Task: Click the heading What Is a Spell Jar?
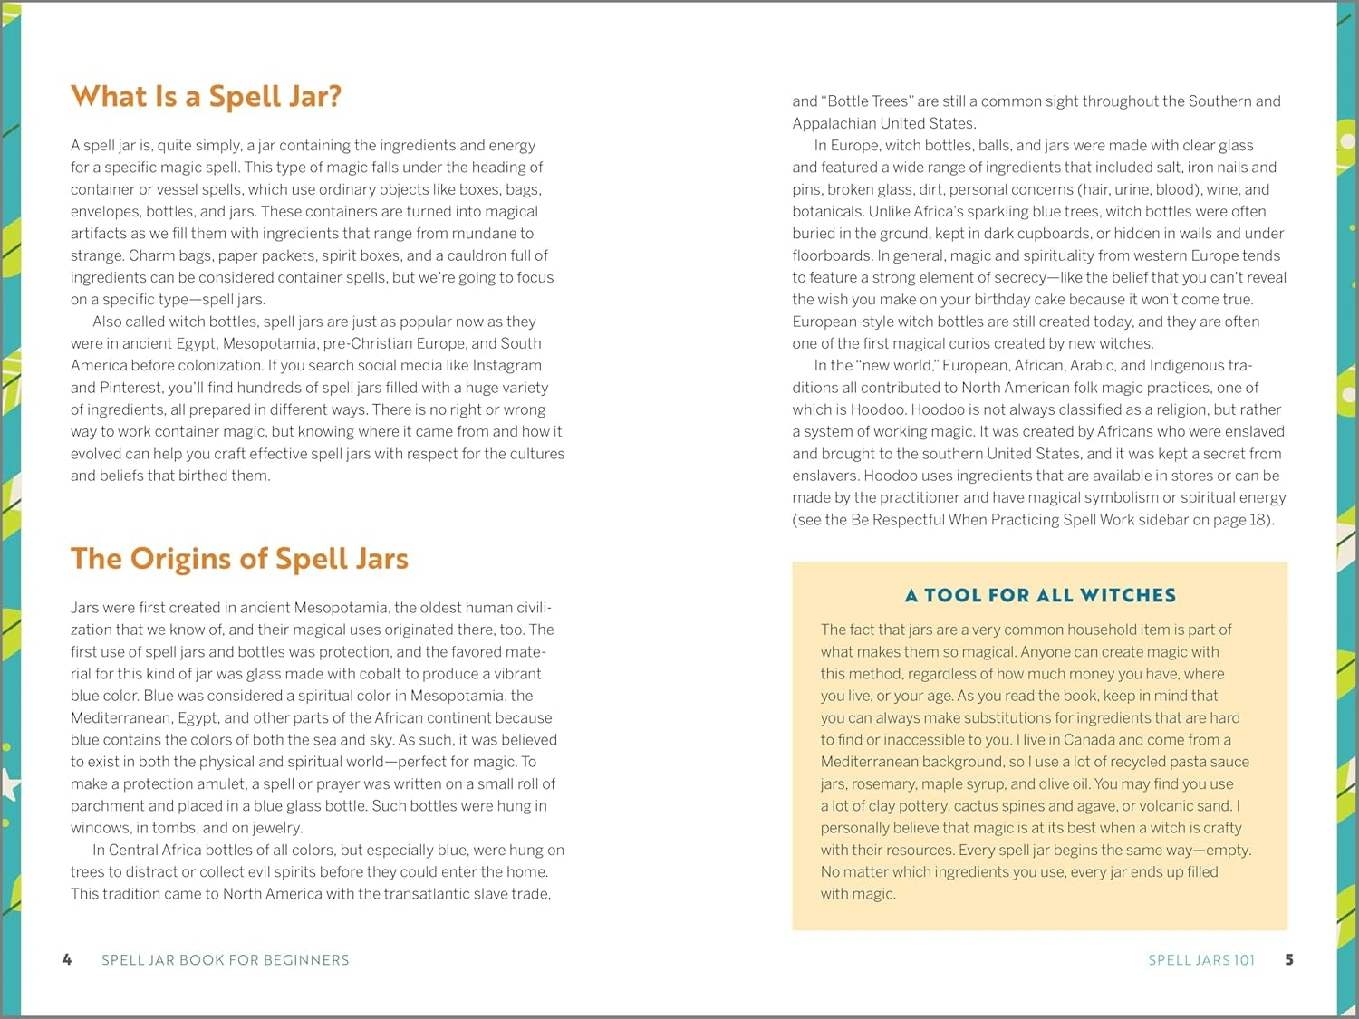206,96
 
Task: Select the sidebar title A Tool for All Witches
1040,595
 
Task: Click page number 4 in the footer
67,959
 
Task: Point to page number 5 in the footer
1289,959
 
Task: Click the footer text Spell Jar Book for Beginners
225,960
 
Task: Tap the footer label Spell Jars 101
1201,960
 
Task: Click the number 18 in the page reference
1259,520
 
